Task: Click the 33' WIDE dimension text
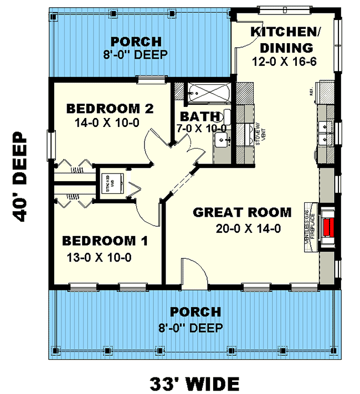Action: pyautogui.click(x=194, y=382)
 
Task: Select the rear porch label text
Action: pyautogui.click(x=136, y=42)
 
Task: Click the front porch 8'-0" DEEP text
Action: pyautogui.click(x=196, y=328)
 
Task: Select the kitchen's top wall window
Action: pyautogui.click(x=277, y=8)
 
